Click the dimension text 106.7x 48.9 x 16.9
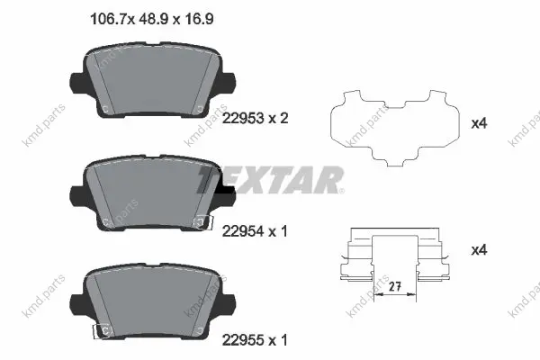coord(151,19)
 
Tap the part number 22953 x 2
coord(256,119)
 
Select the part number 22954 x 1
coord(255,231)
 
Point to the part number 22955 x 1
coord(255,340)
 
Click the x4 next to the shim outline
coord(479,123)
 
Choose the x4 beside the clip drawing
coord(479,250)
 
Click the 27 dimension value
coord(395,286)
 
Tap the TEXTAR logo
coord(271,180)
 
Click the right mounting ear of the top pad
coord(228,82)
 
